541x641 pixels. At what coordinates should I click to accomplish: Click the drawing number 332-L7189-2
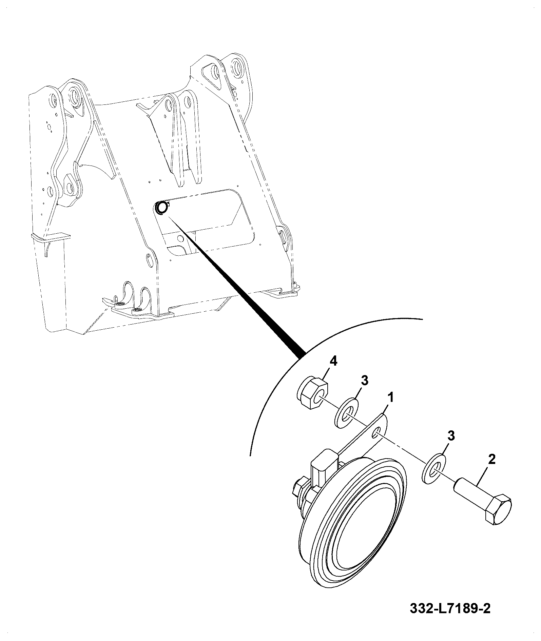coord(450,618)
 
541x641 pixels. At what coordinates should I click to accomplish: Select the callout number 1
coord(391,397)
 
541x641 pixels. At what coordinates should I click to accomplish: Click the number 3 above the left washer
coord(364,381)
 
